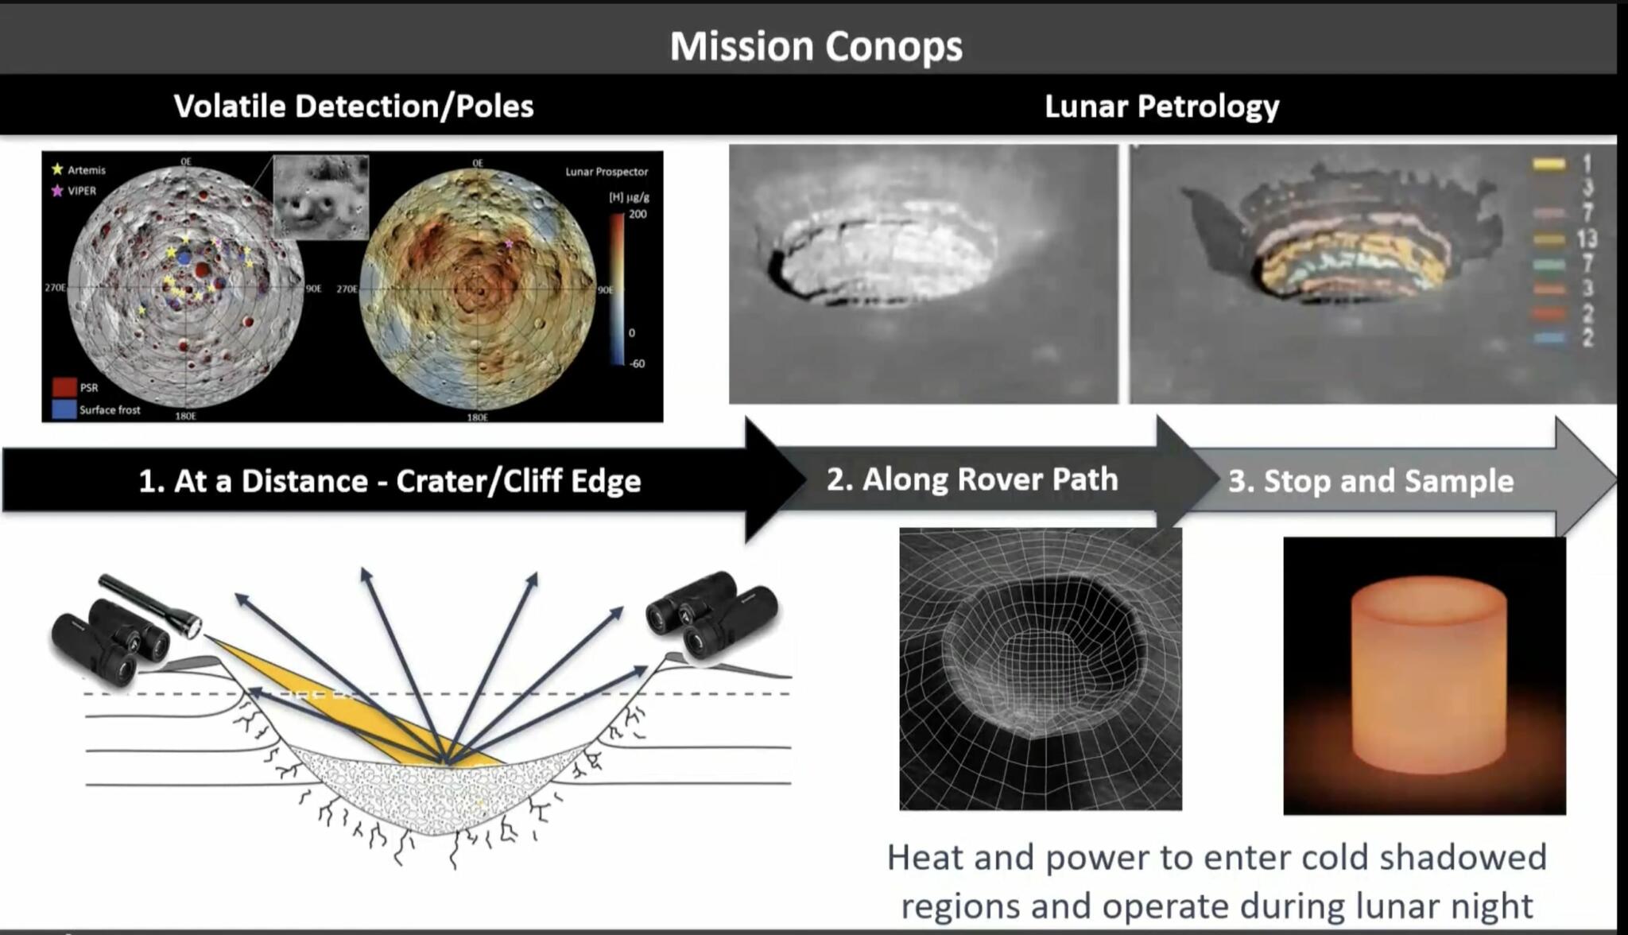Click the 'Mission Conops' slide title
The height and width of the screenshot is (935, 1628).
(x=816, y=46)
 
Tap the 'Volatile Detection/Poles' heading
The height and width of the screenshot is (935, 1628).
(x=354, y=107)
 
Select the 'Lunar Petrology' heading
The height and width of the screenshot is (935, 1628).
(x=1161, y=107)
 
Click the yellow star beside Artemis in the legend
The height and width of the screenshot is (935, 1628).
(x=57, y=169)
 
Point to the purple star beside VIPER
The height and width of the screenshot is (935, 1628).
(x=57, y=191)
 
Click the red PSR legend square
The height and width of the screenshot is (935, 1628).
(x=64, y=387)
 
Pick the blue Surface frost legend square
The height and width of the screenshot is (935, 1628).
(x=64, y=409)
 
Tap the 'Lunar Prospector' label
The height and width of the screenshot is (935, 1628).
(x=607, y=172)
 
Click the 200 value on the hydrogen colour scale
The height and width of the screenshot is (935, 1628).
(x=638, y=214)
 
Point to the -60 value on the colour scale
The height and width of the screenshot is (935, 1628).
(x=637, y=363)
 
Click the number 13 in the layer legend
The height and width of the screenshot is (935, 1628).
(x=1587, y=238)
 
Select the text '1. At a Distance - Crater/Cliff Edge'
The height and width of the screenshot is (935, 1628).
(x=390, y=481)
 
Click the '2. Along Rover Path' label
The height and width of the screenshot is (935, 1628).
(x=972, y=479)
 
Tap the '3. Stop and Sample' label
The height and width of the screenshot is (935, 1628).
(x=1370, y=481)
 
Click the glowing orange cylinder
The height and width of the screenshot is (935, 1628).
(x=1428, y=676)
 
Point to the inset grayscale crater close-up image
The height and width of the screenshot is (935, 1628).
(x=321, y=196)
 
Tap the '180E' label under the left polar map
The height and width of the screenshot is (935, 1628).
(x=185, y=416)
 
